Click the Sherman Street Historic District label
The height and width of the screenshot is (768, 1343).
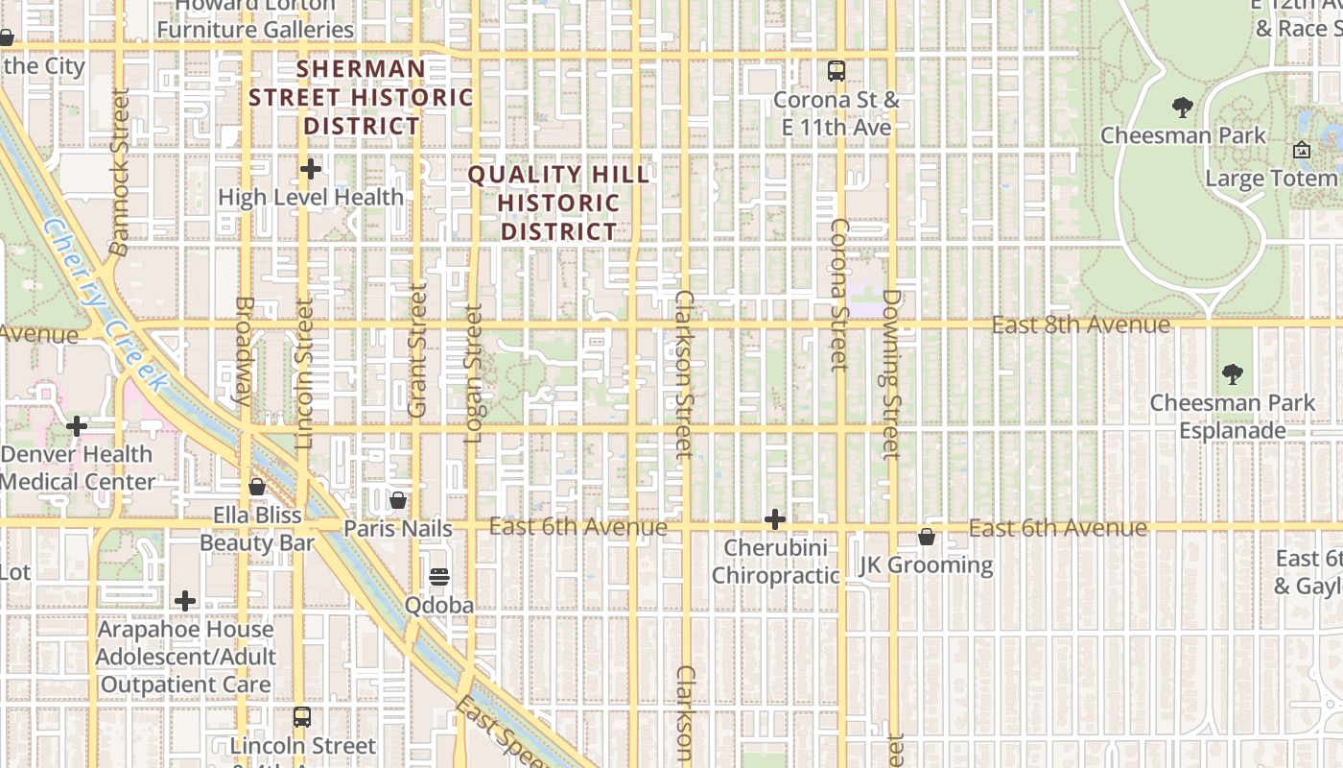[x=361, y=97]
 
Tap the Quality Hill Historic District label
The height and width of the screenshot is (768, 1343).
[x=559, y=204]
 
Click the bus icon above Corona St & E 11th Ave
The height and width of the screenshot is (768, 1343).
[x=836, y=71]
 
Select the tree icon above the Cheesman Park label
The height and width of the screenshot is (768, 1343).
[x=1183, y=108]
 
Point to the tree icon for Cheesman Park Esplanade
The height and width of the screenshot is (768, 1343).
[x=1233, y=374]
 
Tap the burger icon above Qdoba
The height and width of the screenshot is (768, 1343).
[x=439, y=576]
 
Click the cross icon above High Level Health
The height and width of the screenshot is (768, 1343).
[x=311, y=170]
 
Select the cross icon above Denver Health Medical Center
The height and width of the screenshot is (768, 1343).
[x=77, y=425]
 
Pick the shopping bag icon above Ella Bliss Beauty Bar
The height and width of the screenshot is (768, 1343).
[x=257, y=487]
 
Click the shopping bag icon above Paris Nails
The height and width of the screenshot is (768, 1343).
[x=398, y=500]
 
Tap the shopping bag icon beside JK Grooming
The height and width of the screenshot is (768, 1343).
[x=927, y=537]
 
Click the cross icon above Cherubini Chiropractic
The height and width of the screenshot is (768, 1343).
[x=775, y=519]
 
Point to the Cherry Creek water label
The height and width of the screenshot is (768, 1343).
[x=106, y=303]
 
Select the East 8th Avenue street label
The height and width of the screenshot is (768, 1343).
[x=1080, y=325]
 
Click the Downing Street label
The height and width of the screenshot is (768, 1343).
[x=889, y=374]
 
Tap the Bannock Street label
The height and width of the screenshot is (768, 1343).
[x=119, y=173]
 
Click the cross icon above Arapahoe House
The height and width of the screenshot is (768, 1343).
[x=185, y=602]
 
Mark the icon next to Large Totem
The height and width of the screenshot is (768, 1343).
[x=1302, y=151]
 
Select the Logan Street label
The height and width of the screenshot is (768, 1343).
[x=474, y=374]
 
